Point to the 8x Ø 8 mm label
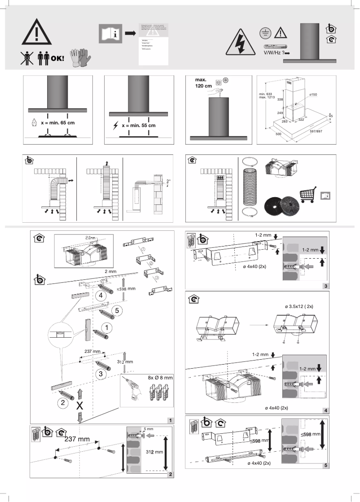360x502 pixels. (x=160, y=378)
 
